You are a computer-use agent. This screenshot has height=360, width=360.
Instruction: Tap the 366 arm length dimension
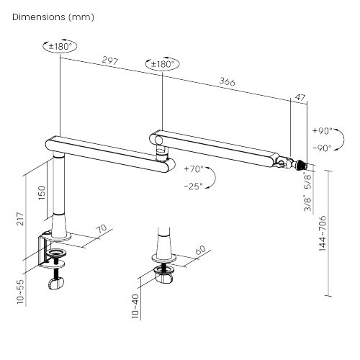(x=227, y=82)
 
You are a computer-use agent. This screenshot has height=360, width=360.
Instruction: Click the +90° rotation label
(x=322, y=132)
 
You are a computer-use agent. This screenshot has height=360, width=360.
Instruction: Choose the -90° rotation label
(x=322, y=148)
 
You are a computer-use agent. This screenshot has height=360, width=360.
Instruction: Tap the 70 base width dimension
(x=102, y=230)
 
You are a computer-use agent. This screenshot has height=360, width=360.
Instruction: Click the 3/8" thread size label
(x=307, y=204)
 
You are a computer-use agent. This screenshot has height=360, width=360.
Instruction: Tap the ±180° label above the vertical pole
(x=60, y=47)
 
